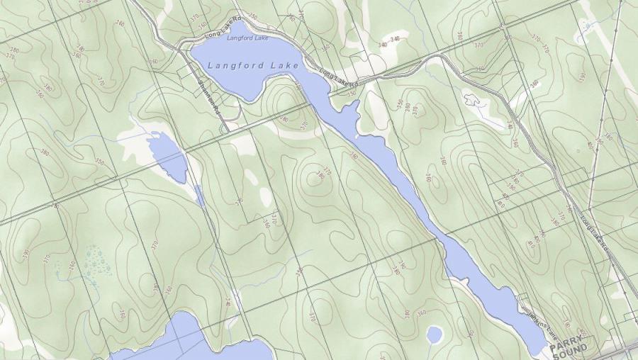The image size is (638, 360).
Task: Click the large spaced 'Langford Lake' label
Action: (x=246, y=65)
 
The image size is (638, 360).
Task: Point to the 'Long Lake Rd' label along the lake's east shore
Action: (x=339, y=78)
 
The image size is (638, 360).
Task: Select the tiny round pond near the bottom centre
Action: (x=434, y=334)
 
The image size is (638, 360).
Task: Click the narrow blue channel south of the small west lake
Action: (x=199, y=195)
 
